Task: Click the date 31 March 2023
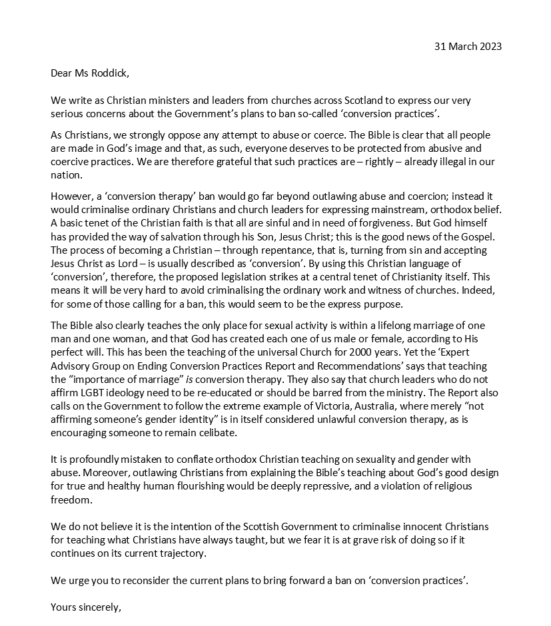(x=468, y=46)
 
